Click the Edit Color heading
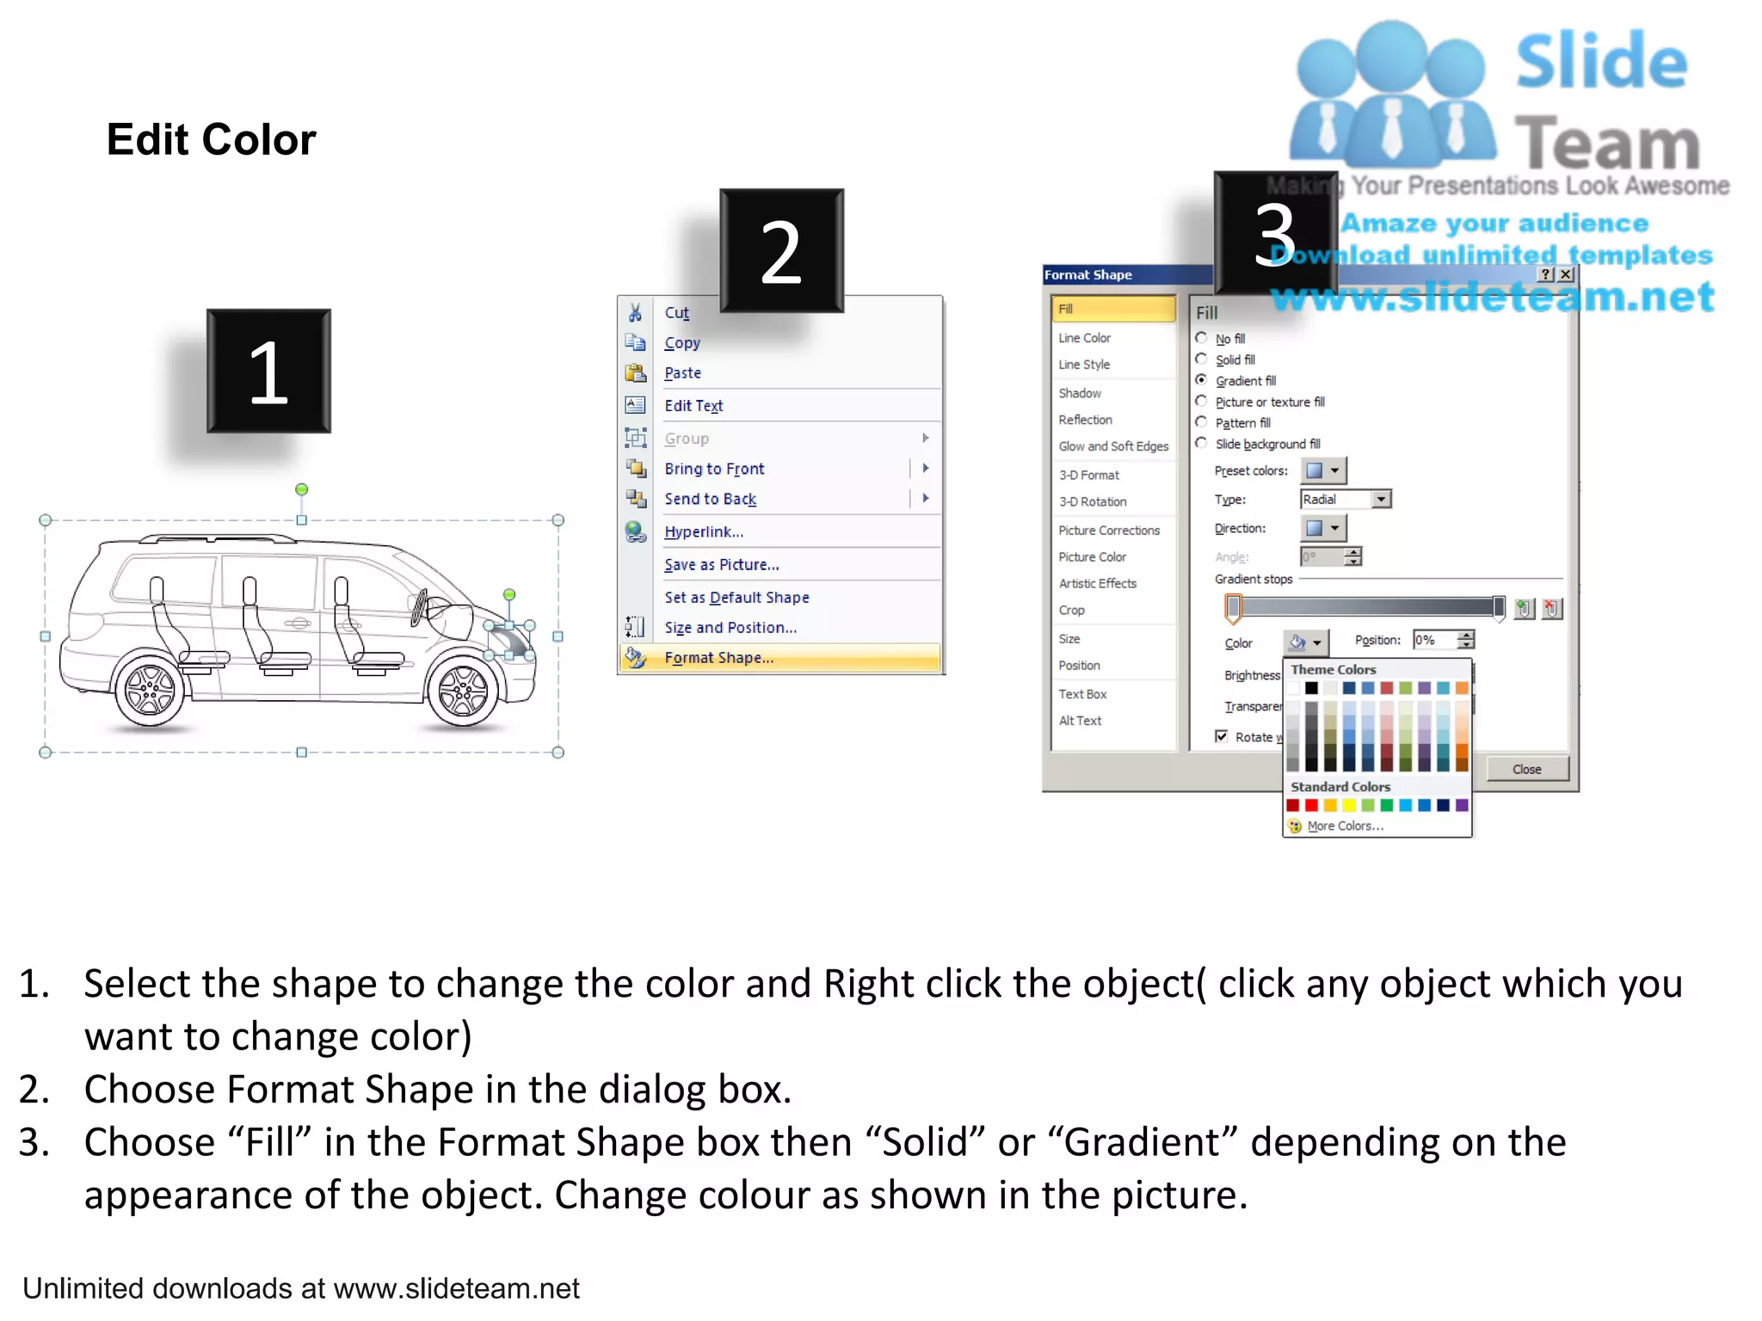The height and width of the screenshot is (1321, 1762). point(211,139)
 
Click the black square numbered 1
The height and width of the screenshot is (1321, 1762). point(268,372)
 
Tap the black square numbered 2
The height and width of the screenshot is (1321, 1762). point(781,251)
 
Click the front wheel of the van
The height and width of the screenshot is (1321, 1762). point(463,691)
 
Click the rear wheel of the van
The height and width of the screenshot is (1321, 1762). point(150,691)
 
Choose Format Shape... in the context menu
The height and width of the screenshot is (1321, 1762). point(718,658)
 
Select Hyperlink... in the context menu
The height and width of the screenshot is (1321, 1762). point(703,531)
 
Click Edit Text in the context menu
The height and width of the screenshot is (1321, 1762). point(693,406)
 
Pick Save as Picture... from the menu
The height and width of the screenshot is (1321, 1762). point(721,565)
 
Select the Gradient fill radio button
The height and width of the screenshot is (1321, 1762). point(1201,380)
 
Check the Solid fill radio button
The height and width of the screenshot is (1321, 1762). point(1201,359)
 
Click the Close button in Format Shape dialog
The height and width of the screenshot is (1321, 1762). point(1526,769)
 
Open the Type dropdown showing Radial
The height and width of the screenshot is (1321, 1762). point(1381,500)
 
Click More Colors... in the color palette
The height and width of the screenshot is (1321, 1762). point(1345,826)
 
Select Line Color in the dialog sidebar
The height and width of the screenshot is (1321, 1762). point(1084,338)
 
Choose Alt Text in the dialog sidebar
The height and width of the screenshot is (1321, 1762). point(1080,721)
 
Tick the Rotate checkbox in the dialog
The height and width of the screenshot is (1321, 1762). point(1221,736)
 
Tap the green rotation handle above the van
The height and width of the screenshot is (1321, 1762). point(301,489)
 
